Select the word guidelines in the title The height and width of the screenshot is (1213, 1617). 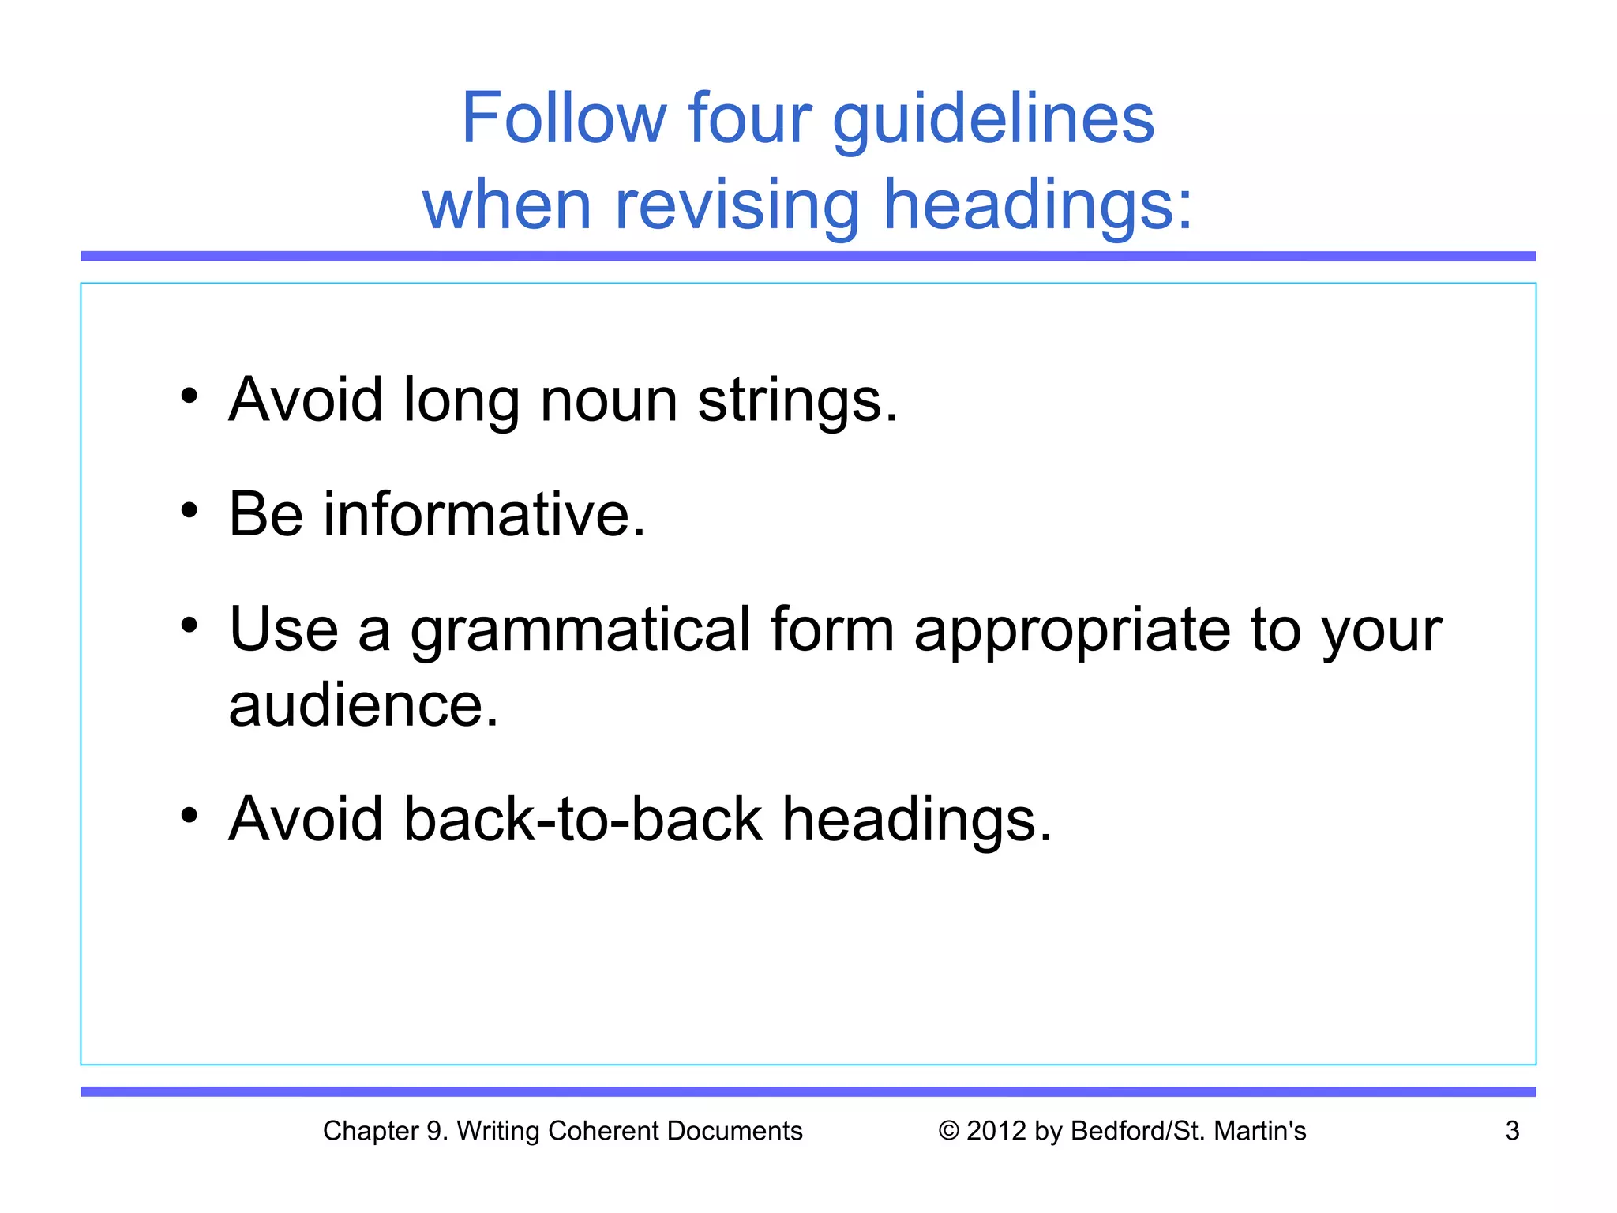click(x=993, y=120)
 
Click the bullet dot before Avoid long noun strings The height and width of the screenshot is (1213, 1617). click(x=189, y=396)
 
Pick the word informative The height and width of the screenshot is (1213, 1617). click(x=484, y=514)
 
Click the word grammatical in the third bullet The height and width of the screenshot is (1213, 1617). click(x=580, y=631)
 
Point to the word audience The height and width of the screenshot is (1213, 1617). click(x=363, y=705)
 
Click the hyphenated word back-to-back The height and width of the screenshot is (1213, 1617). click(x=583, y=820)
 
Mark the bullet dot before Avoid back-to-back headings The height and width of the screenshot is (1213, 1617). click(x=189, y=815)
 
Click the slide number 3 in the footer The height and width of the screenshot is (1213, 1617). click(x=1512, y=1131)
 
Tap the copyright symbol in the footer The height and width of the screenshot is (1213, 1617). click(x=948, y=1131)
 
